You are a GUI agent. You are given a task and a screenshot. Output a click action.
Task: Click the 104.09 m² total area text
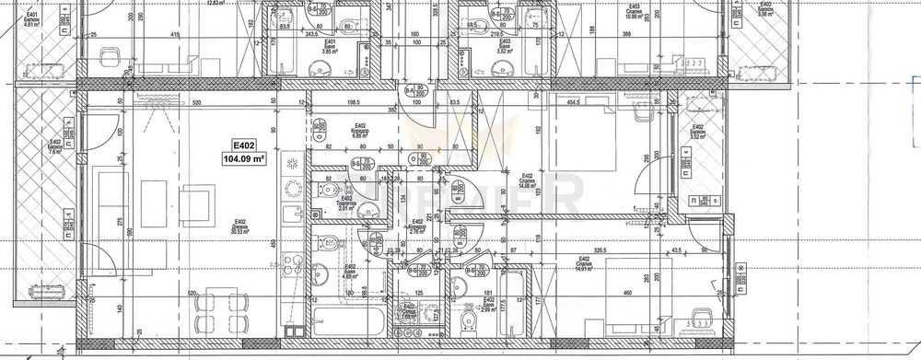[243, 158]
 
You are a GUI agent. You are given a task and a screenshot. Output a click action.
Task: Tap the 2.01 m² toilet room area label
[346, 209]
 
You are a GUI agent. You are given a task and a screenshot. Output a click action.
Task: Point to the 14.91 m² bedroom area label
[584, 271]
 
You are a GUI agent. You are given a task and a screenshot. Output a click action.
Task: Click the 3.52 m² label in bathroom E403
[503, 51]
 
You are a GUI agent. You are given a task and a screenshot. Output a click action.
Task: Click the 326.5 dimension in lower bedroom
[629, 249]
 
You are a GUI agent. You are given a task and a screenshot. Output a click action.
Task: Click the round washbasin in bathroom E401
[349, 27]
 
